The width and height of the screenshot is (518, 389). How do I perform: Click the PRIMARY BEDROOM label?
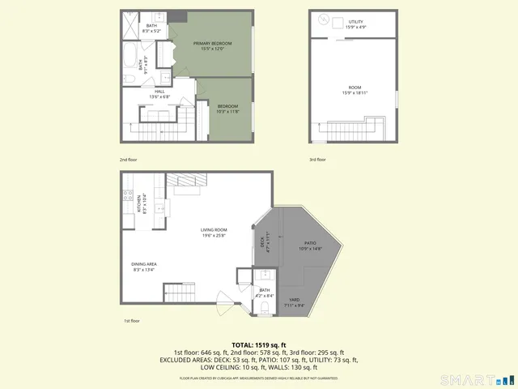[213, 43]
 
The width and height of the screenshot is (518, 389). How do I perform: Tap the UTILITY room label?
[356, 22]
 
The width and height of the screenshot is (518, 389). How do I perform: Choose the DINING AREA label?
[144, 264]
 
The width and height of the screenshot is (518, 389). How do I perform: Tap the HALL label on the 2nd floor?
[159, 92]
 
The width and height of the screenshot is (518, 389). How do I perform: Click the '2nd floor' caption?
[129, 160]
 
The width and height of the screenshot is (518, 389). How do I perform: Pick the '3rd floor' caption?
[317, 160]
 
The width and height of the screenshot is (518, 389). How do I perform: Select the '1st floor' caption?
[131, 321]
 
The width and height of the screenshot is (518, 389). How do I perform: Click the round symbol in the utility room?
[323, 19]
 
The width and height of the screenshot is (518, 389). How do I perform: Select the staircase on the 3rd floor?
[356, 128]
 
